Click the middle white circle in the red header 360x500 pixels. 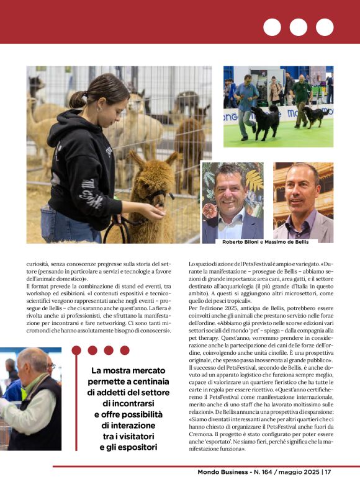(299, 27)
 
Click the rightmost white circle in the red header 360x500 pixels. (325, 27)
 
